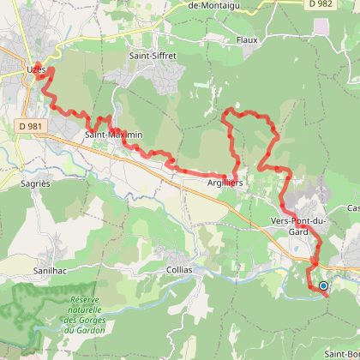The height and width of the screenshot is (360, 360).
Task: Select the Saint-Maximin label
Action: [x=113, y=135]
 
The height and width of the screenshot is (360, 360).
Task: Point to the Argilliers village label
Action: [x=225, y=183]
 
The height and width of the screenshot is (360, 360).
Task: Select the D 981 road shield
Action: [x=31, y=126]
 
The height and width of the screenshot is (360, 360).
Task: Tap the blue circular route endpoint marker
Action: [x=323, y=286]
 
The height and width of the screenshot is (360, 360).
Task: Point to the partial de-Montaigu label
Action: [x=215, y=5]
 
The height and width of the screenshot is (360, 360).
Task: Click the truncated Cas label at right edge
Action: [x=352, y=208]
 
